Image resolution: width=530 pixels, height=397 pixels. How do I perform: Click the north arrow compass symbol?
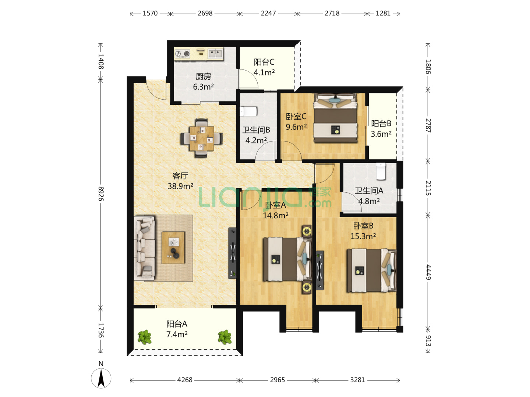click(101, 378)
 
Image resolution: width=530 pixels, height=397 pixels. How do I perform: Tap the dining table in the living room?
click(201, 138)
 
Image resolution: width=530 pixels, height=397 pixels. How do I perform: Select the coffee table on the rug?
click(173, 247)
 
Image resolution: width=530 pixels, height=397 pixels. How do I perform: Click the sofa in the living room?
click(144, 248)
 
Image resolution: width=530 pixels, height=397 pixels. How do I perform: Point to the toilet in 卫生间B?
click(248, 112)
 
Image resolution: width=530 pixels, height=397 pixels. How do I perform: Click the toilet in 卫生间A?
click(381, 171)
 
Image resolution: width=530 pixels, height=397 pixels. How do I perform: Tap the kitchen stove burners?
click(183, 54)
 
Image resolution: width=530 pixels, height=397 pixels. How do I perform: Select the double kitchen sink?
click(215, 53)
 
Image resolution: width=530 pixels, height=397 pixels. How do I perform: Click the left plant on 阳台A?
click(144, 337)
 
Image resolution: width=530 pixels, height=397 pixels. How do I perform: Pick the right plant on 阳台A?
click(225, 337)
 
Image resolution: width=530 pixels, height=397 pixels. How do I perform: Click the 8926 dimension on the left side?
click(101, 194)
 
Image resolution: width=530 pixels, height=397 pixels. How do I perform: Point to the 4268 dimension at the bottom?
click(185, 380)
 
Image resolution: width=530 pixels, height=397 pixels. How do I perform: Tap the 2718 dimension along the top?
click(332, 13)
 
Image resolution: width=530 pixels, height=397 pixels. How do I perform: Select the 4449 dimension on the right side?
click(428, 272)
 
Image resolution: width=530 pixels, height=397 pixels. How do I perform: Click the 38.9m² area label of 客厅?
click(180, 186)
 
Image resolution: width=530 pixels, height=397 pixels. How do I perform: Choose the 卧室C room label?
click(296, 117)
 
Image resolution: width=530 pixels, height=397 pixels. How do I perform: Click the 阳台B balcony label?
click(381, 124)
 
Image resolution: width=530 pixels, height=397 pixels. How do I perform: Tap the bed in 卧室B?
click(371, 271)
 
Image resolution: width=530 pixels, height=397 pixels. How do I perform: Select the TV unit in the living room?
click(233, 253)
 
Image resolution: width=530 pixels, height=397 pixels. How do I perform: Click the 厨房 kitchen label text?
click(203, 77)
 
